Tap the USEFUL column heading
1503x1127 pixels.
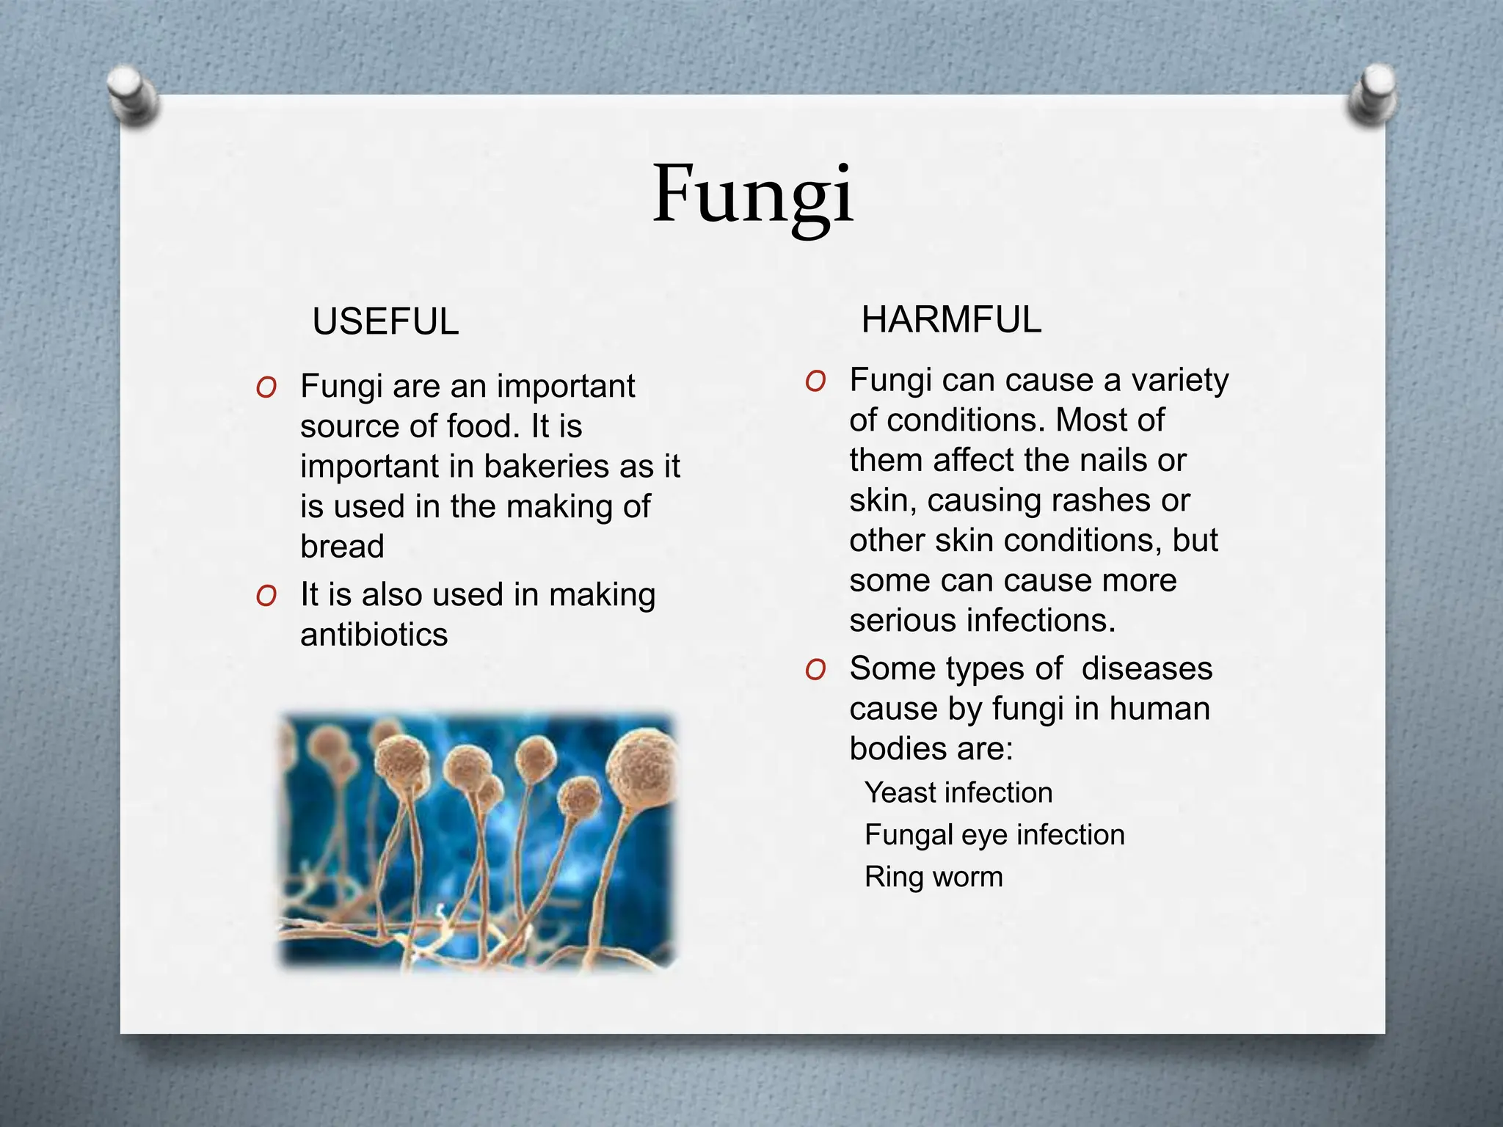(x=385, y=322)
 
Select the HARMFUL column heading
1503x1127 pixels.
(x=951, y=320)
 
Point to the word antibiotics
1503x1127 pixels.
(x=374, y=635)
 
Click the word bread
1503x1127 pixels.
(x=342, y=547)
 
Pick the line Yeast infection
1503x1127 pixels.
(x=958, y=793)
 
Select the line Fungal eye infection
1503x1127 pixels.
(x=994, y=835)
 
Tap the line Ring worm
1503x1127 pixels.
(x=934, y=877)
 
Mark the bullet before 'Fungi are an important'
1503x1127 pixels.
(x=266, y=387)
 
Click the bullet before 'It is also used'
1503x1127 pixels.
(x=266, y=596)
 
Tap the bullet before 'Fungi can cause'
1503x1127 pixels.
(x=815, y=381)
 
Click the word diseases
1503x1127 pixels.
(x=1146, y=669)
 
